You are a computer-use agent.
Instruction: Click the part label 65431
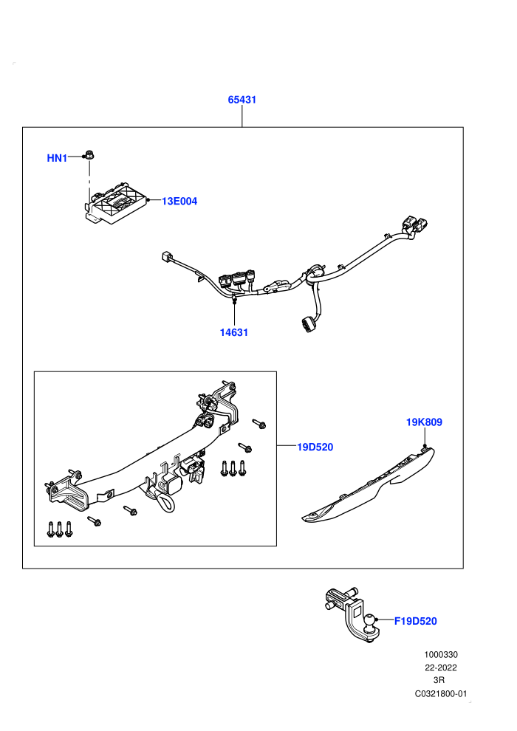pyautogui.click(x=242, y=99)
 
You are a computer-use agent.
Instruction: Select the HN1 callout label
pyautogui.click(x=57, y=158)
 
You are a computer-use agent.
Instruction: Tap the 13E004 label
pyautogui.click(x=179, y=201)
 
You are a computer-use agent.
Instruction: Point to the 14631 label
pyautogui.click(x=234, y=332)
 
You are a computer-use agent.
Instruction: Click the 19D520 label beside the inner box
pyautogui.click(x=315, y=447)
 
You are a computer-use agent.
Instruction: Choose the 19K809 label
pyautogui.click(x=424, y=422)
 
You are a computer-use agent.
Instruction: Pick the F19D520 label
pyautogui.click(x=416, y=621)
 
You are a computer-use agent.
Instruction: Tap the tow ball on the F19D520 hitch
pyautogui.click(x=371, y=621)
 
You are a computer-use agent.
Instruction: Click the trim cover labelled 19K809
pyautogui.click(x=369, y=485)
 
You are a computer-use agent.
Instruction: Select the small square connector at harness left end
pyautogui.click(x=166, y=256)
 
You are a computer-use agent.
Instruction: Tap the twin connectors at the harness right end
pyautogui.click(x=414, y=224)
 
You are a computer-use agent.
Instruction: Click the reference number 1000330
pyautogui.click(x=440, y=654)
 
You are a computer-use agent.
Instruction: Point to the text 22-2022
pyautogui.click(x=440, y=667)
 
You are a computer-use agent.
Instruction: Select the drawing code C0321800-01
pyautogui.click(x=440, y=693)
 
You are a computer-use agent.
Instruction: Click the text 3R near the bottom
pyautogui.click(x=439, y=680)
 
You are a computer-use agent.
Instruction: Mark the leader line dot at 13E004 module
pyautogui.click(x=148, y=200)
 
